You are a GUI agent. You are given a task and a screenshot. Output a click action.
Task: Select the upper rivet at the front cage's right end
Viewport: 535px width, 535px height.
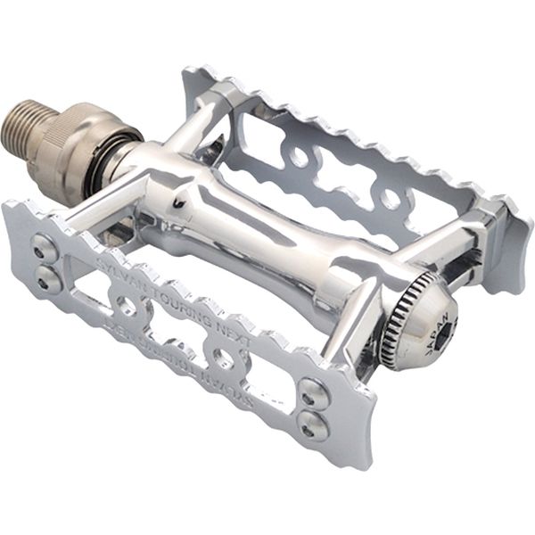(x=311, y=389)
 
